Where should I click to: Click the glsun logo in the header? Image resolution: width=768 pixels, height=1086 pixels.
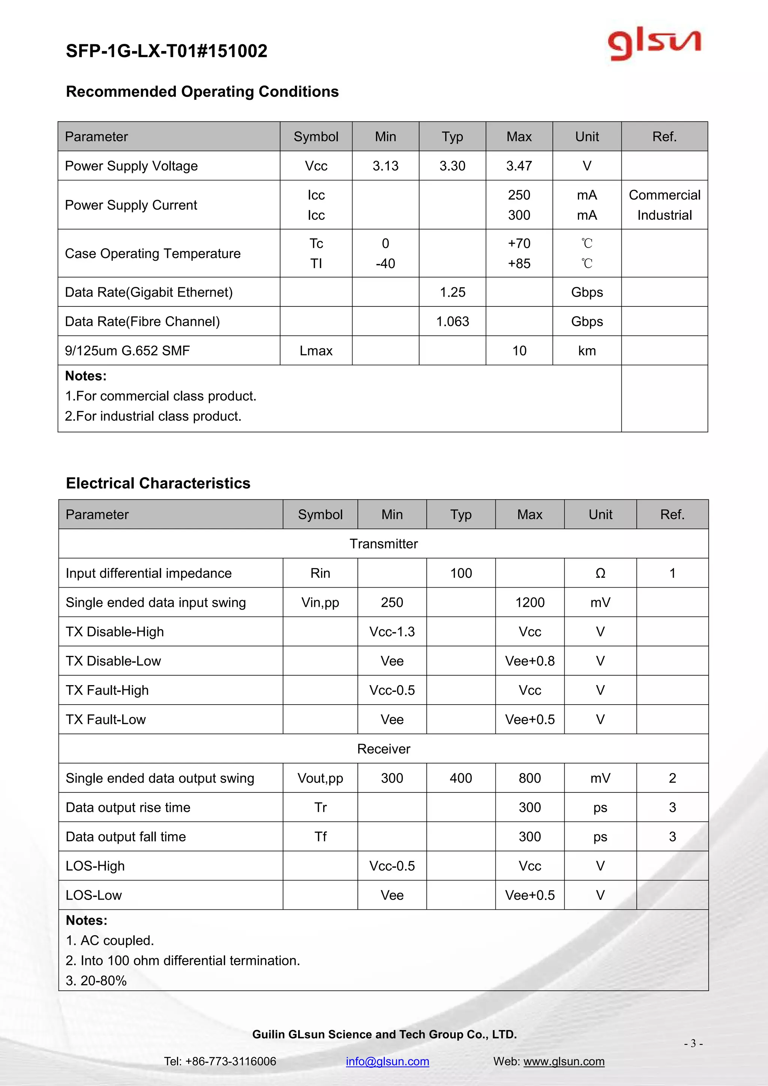point(654,45)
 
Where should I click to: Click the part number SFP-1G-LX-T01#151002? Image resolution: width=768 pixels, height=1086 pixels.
point(166,51)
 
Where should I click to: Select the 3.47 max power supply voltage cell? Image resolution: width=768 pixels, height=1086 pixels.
point(519,166)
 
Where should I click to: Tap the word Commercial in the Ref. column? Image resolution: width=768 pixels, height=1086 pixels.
point(664,195)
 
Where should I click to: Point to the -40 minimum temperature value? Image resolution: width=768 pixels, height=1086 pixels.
point(385,264)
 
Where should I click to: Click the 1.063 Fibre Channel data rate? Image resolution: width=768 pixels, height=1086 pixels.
point(453,322)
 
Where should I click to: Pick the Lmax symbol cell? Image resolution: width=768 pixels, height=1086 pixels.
point(316,351)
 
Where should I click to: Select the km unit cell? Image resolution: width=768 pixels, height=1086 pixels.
point(587,351)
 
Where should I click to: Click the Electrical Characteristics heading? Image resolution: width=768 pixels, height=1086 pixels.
point(158,483)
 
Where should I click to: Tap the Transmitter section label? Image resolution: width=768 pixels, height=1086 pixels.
point(384,544)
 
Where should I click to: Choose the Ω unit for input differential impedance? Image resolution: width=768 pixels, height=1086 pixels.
point(600,573)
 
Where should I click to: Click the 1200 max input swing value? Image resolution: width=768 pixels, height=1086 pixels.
point(529,603)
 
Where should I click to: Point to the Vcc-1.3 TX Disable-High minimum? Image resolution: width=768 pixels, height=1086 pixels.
point(392,632)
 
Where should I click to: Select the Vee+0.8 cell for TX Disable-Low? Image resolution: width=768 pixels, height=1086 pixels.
point(529,661)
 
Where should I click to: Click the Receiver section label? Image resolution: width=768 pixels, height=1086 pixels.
point(384,749)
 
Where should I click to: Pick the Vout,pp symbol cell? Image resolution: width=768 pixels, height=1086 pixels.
point(320,778)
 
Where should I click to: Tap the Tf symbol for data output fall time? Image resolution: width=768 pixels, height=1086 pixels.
point(320,837)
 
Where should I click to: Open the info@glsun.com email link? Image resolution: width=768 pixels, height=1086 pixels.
point(387,1061)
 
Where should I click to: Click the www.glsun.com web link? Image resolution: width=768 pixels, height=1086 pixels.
point(564,1061)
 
